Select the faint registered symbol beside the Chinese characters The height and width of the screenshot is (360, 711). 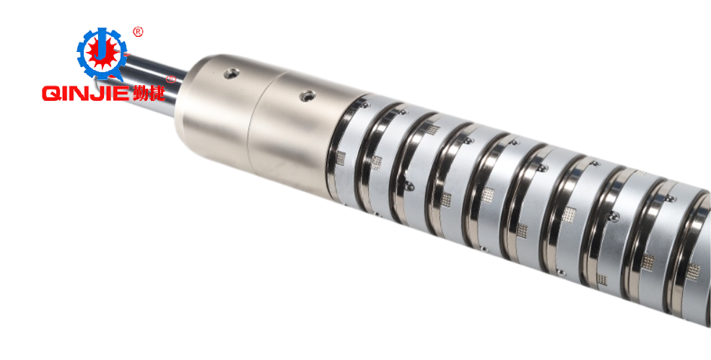pyautogui.click(x=171, y=79)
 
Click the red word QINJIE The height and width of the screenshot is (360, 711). pyautogui.click(x=86, y=94)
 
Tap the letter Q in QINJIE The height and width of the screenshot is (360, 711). pyautogui.click(x=51, y=94)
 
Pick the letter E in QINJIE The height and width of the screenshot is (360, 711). pyautogui.click(x=123, y=94)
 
